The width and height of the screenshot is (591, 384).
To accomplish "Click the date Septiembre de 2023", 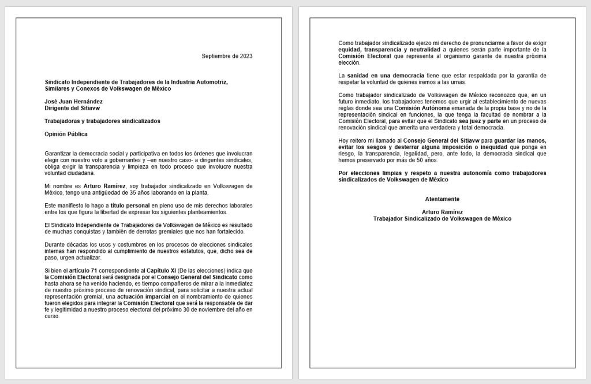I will click(227, 55).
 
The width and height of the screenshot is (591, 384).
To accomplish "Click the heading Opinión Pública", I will click(66, 134).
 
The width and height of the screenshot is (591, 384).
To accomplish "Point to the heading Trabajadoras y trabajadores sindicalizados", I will click(103, 121).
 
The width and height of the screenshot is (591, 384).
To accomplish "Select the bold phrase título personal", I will click(130, 206).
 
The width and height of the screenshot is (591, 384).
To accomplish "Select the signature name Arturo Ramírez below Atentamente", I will click(442, 212).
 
